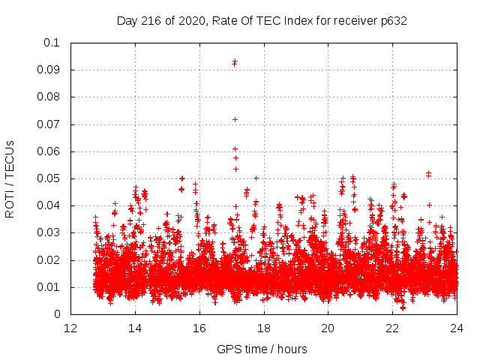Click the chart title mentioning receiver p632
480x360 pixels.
pos(262,20)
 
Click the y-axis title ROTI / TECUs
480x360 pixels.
pos(10,178)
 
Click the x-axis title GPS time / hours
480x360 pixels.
pos(262,349)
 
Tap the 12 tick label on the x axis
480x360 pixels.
pos(70,328)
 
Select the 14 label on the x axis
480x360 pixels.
pos(135,328)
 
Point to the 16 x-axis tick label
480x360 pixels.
pos(199,328)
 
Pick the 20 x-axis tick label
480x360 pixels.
pos(328,328)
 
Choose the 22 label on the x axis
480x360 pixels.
pos(392,328)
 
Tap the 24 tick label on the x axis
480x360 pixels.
pos(457,328)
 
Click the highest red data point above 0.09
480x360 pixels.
pos(235,61)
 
